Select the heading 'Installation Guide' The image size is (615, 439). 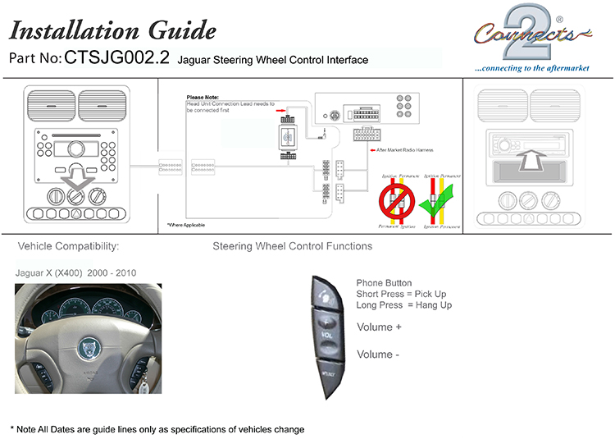tap(112, 31)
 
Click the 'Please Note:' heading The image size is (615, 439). tap(203, 98)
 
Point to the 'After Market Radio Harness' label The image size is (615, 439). tap(405, 150)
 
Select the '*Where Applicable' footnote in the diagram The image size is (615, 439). tap(186, 224)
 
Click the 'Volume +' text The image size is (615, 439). tap(379, 327)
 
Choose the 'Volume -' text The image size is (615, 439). tap(378, 354)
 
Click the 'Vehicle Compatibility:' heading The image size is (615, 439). tap(69, 246)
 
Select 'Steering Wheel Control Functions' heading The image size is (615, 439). tap(292, 246)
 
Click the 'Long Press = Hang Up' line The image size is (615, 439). tap(403, 305)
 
